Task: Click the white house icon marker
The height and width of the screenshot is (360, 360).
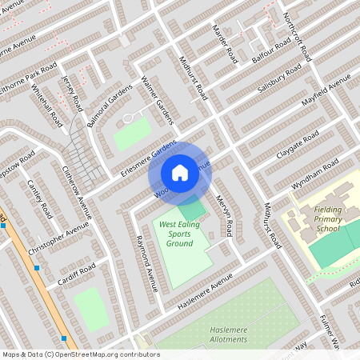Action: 180,172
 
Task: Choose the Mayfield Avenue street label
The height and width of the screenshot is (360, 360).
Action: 326,94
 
